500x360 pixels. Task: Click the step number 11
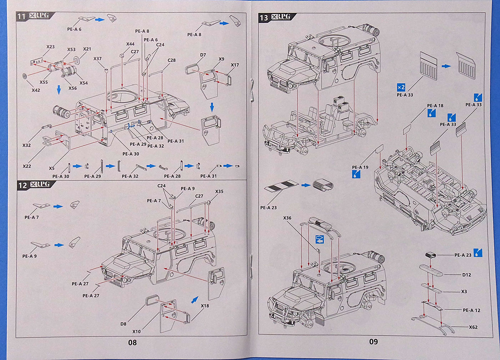22,16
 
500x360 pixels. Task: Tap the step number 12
22,185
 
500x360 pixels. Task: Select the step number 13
264,18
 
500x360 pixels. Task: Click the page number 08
132,342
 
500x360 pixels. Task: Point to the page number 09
373,342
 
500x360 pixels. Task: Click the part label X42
36,90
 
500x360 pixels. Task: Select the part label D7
203,55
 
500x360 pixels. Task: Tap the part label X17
235,65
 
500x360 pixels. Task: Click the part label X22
27,166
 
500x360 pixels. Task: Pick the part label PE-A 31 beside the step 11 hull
176,141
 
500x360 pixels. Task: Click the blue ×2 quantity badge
401,87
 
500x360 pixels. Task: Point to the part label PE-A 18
435,105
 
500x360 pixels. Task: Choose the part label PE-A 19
360,167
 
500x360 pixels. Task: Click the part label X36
287,218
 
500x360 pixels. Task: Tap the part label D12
466,275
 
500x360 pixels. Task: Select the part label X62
473,327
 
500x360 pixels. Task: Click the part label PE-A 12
471,310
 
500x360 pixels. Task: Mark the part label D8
123,324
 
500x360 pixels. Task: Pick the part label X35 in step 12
219,192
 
